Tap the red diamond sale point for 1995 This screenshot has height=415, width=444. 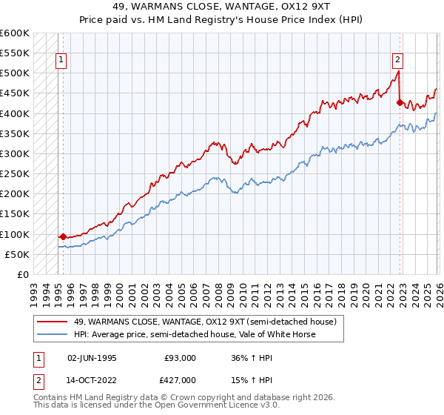point(63,236)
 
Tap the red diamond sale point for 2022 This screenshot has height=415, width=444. point(400,103)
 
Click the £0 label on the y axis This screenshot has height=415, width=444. point(22,274)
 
